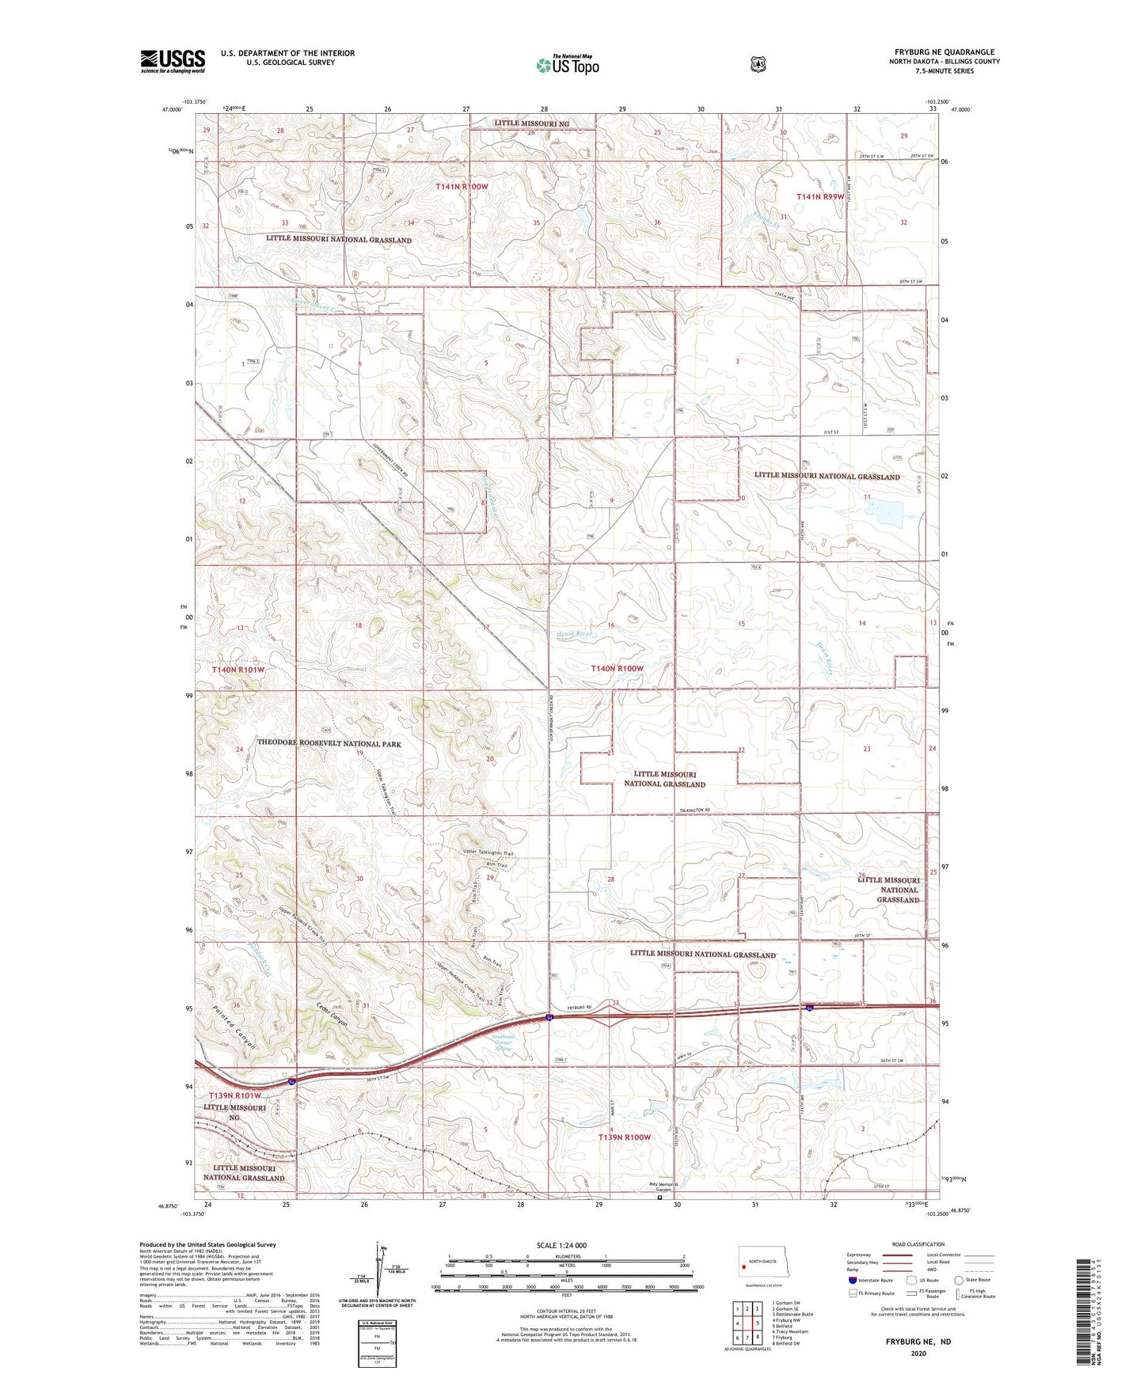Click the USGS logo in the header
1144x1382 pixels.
tap(173, 61)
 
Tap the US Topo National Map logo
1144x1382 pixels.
tap(568, 65)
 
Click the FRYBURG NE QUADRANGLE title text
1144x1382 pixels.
tap(944, 51)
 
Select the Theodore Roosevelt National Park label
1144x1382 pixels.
tap(329, 744)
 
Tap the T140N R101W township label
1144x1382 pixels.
tap(238, 670)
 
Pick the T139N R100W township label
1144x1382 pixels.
tap(624, 1137)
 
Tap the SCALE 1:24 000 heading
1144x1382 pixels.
tap(566, 1245)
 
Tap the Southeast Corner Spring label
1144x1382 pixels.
tap(504, 1042)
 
